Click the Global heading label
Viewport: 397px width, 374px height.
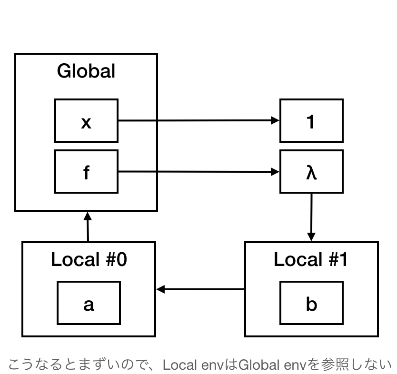(x=86, y=71)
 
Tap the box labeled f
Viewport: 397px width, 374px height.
(x=86, y=172)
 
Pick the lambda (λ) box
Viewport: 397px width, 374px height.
(x=311, y=172)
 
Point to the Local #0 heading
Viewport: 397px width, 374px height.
(x=89, y=260)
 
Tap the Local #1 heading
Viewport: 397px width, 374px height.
(x=311, y=260)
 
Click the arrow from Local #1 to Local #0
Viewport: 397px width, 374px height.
(x=200, y=289)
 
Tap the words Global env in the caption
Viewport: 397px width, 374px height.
(x=271, y=365)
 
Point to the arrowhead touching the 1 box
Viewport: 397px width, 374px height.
(x=275, y=121)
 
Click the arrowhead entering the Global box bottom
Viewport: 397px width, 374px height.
(x=87, y=215)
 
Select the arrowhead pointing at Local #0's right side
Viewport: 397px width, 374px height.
(x=160, y=289)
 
